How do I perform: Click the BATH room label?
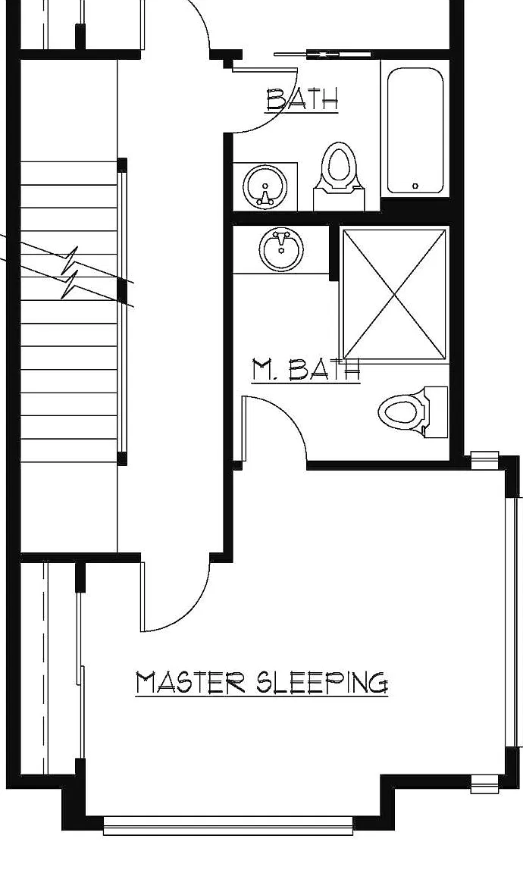pyautogui.click(x=302, y=100)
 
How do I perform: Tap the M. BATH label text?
pyautogui.click(x=305, y=370)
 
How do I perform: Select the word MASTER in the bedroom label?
pyautogui.click(x=190, y=683)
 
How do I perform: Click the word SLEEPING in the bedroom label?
pyautogui.click(x=322, y=683)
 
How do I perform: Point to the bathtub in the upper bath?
pyautogui.click(x=415, y=130)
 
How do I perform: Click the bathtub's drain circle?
pyautogui.click(x=415, y=186)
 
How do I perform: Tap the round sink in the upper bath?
pyautogui.click(x=265, y=186)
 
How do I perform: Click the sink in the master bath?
pyautogui.click(x=281, y=250)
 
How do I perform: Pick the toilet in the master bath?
pyautogui.click(x=413, y=412)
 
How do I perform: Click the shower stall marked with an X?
pyautogui.click(x=394, y=295)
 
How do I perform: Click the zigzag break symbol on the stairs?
pyautogui.click(x=70, y=273)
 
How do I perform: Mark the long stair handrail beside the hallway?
pyautogui.click(x=122, y=311)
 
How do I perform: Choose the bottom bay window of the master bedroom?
pyautogui.click(x=228, y=824)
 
